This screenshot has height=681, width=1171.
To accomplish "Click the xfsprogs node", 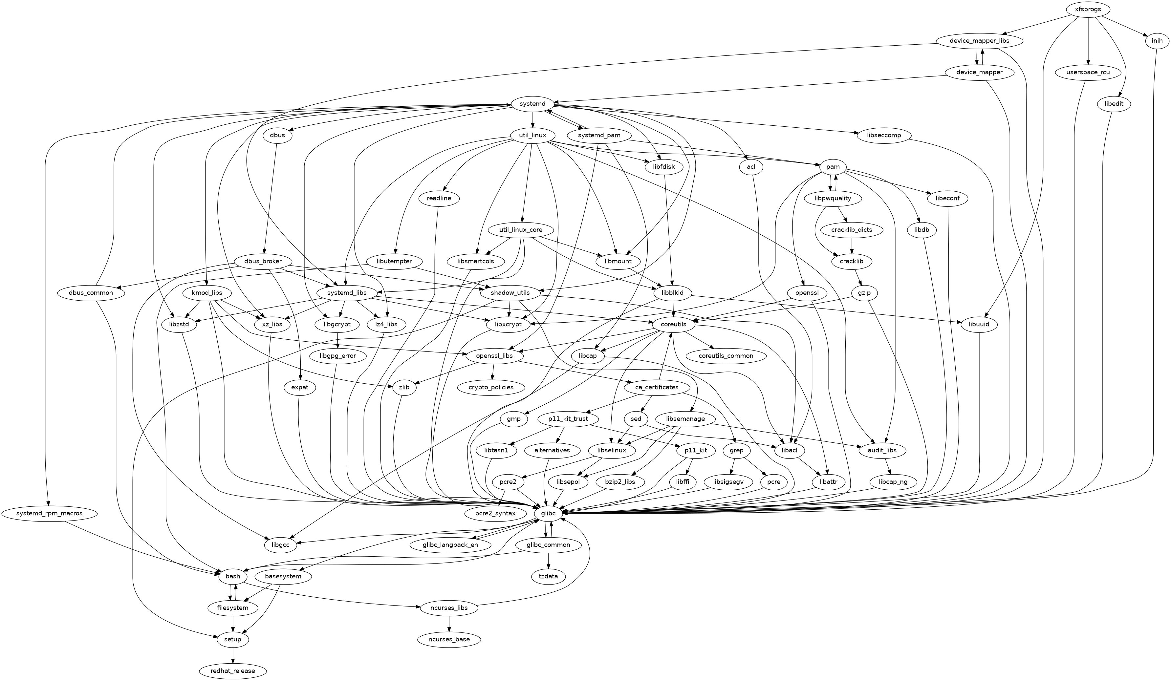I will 1089,9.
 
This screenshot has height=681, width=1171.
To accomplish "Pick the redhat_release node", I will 233,671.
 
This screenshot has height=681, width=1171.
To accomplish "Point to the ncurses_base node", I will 449,639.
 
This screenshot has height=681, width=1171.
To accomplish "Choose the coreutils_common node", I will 726,356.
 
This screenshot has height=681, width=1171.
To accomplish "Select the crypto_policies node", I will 491,387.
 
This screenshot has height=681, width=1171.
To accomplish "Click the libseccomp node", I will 884,135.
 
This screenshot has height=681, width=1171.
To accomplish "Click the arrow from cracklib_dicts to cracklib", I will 852,245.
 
